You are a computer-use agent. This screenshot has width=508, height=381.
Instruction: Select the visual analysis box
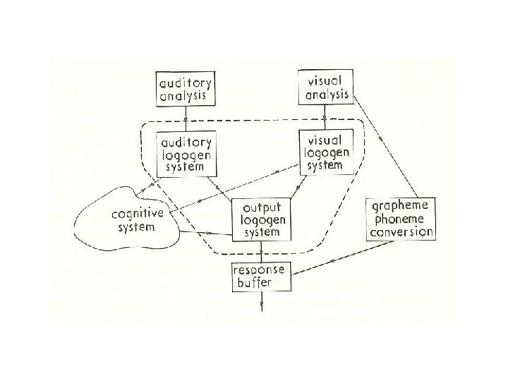pos(325,87)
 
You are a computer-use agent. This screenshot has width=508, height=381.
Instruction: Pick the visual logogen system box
pos(325,152)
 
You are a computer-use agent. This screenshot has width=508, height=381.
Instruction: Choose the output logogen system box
pos(262,219)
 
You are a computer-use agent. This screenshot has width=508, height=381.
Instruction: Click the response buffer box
pos(262,277)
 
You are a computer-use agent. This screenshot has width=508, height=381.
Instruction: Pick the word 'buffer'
pos(258,283)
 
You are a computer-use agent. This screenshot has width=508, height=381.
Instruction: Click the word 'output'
pos(262,208)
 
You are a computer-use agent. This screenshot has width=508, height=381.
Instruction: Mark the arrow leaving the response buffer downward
pos(262,301)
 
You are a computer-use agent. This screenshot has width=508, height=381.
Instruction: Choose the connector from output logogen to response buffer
pos(262,252)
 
